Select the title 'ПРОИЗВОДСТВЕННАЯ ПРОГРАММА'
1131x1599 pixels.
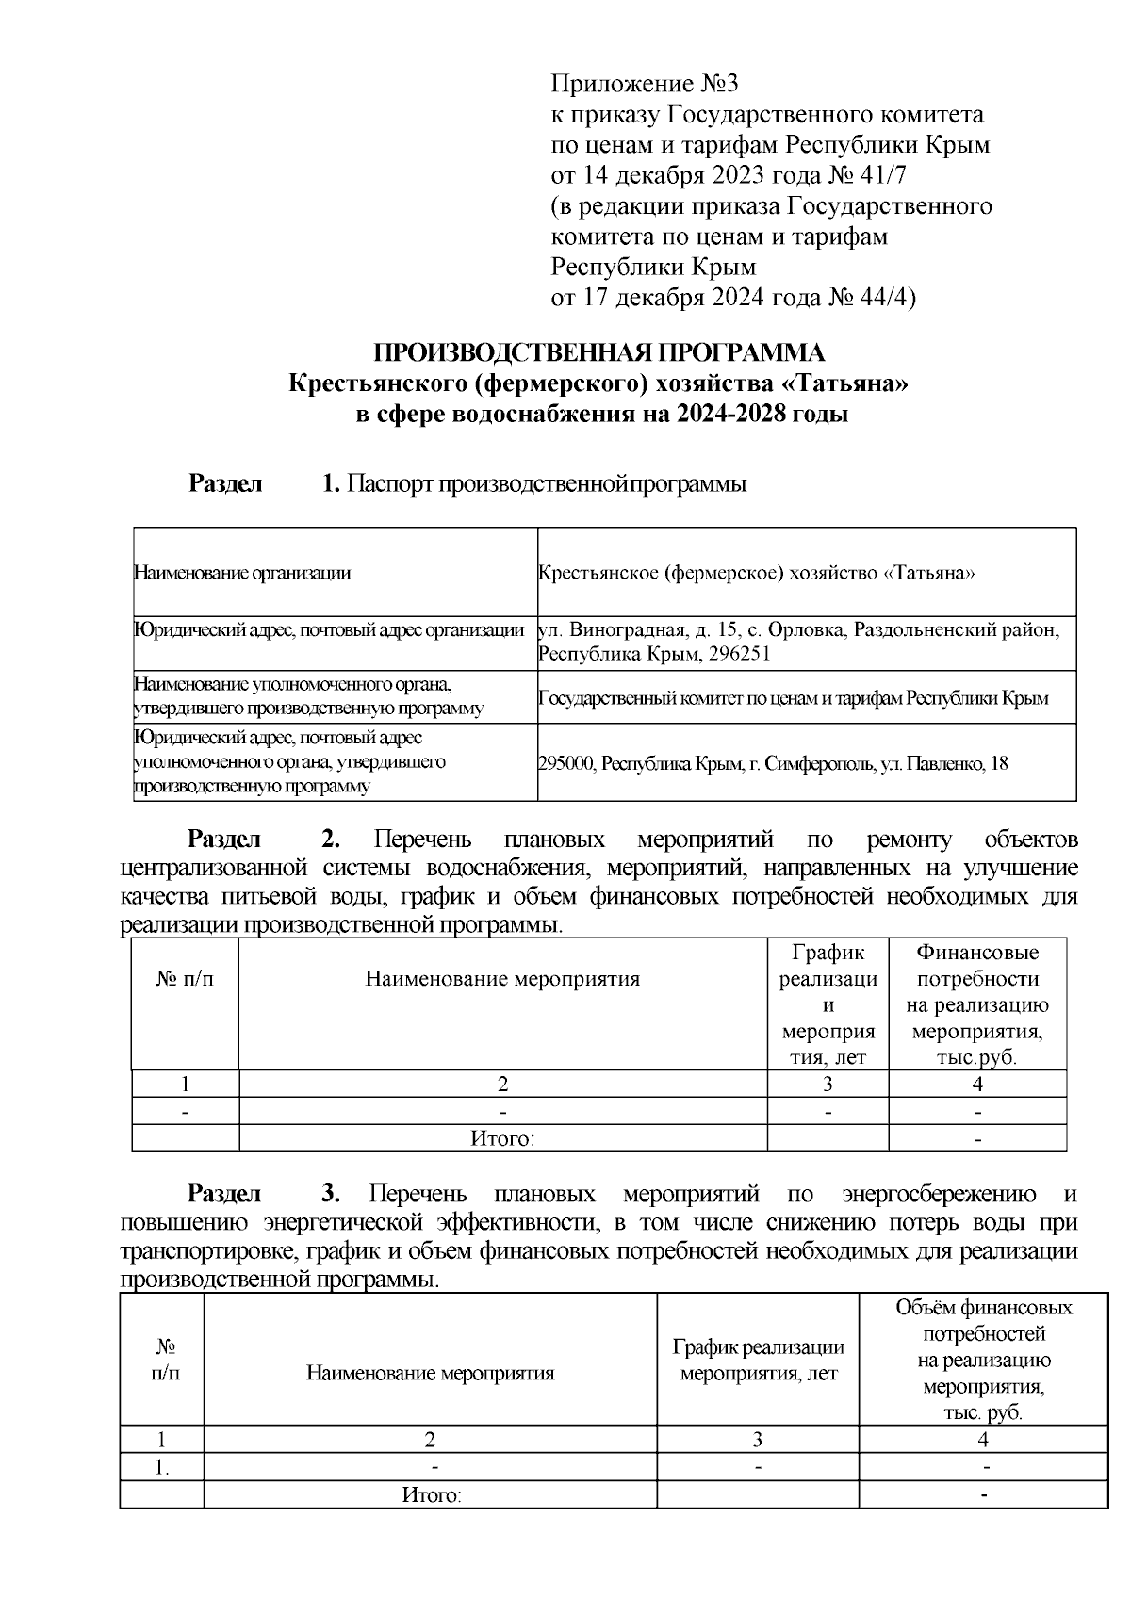(599, 353)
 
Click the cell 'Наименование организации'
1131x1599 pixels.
(242, 573)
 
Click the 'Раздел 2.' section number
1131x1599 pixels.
(330, 839)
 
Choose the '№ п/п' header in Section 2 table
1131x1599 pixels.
(185, 979)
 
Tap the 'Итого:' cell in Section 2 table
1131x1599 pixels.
(502, 1139)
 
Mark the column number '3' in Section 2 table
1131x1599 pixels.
(828, 1085)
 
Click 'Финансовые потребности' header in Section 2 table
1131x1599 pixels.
(977, 966)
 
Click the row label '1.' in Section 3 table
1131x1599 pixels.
(162, 1468)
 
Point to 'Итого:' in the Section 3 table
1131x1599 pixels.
(431, 1495)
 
